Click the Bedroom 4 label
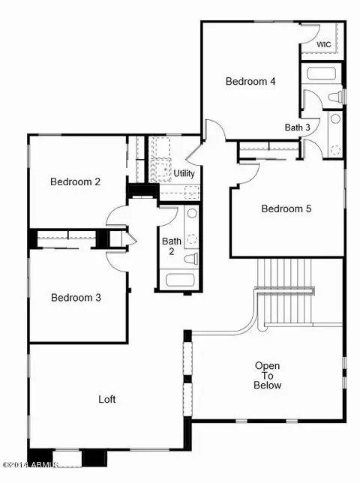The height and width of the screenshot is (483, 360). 250,81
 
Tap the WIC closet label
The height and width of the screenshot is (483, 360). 324,44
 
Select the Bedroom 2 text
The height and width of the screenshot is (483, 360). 75,181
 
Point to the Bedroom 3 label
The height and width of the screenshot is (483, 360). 76,298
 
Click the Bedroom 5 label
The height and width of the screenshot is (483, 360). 286,208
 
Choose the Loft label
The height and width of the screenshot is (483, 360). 106,399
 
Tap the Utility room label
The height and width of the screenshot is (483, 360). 184,173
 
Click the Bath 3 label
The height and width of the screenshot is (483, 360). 297,127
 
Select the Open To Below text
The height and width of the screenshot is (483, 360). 267,375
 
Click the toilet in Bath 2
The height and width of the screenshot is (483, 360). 191,258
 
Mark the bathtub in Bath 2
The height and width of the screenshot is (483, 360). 180,280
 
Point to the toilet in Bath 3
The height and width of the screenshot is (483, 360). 335,97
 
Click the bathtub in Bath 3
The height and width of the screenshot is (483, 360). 321,74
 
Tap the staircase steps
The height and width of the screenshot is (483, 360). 285,291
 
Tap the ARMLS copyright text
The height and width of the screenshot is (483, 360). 30,464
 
